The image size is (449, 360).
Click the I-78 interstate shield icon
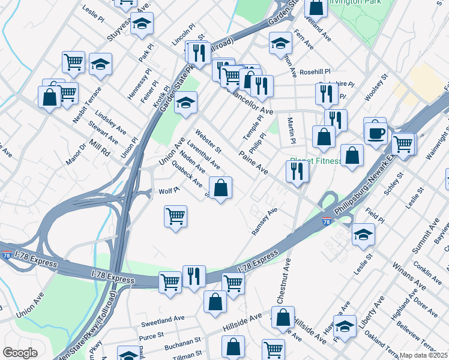326,221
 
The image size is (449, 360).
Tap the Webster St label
208,140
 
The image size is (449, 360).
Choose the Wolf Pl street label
169,191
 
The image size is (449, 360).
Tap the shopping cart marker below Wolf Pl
175,216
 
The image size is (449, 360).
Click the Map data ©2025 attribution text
424,355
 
